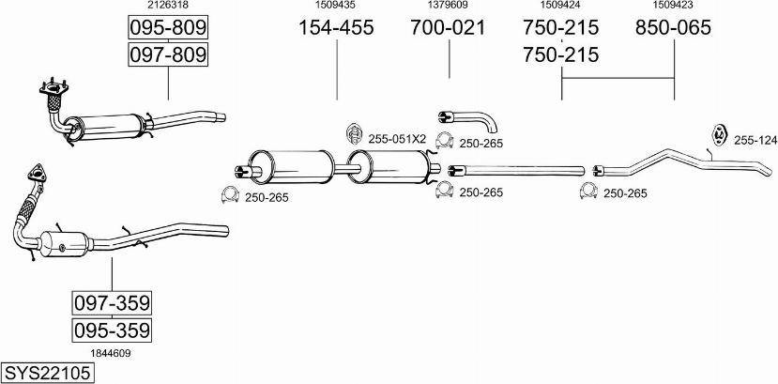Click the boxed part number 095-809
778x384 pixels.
click(168, 28)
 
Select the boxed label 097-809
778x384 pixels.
click(168, 54)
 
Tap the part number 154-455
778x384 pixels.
click(336, 28)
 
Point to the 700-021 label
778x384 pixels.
click(448, 28)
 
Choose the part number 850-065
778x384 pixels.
click(673, 28)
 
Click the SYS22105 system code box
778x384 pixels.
click(48, 372)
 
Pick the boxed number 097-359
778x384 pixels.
click(112, 302)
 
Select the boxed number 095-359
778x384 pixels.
click(112, 330)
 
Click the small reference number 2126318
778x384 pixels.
click(168, 5)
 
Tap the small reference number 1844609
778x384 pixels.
click(110, 353)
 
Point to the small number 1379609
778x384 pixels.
click(447, 5)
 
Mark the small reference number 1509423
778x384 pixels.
click(673, 5)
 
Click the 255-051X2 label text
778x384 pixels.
click(397, 139)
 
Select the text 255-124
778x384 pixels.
click(755, 141)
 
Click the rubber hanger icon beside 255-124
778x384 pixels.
click(719, 135)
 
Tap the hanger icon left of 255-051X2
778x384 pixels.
click(353, 133)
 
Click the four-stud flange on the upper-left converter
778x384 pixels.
click(53, 89)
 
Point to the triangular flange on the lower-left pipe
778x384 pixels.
click(37, 174)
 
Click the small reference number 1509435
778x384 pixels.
click(336, 5)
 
